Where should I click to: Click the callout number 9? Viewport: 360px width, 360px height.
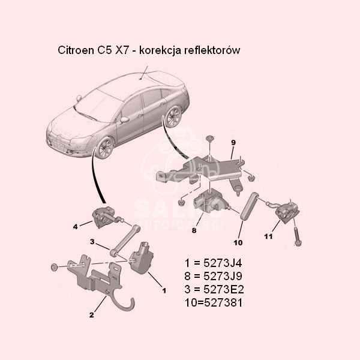(233, 143)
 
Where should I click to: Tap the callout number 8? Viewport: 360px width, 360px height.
(194, 230)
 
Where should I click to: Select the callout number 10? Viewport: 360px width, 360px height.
(238, 242)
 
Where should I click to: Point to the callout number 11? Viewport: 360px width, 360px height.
(268, 236)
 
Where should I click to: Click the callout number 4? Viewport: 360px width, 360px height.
(76, 227)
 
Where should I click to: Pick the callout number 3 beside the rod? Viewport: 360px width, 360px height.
(92, 242)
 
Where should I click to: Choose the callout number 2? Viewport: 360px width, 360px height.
(92, 315)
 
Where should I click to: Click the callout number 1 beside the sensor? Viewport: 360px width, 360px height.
(164, 290)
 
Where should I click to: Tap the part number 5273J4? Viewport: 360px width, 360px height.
(223, 263)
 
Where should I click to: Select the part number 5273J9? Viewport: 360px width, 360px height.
(223, 276)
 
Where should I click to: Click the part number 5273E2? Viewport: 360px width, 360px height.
(224, 290)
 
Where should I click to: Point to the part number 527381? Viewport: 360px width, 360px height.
(223, 303)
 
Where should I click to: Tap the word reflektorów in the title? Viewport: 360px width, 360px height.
(212, 50)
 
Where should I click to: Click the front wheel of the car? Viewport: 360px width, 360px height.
(106, 148)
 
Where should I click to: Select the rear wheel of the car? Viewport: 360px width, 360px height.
(174, 116)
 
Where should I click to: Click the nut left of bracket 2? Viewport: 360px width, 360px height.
(55, 267)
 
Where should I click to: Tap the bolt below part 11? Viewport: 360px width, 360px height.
(297, 236)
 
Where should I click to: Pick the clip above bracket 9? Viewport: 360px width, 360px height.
(209, 139)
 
